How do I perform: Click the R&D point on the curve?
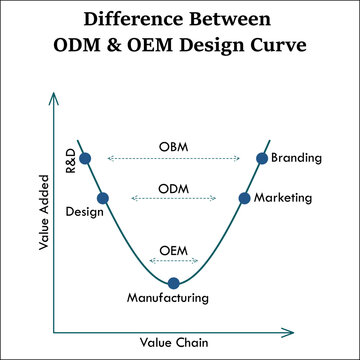tap(85, 157)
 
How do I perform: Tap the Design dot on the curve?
tap(102, 198)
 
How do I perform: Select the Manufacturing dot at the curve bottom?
tap(174, 283)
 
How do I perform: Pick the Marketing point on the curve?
tap(244, 198)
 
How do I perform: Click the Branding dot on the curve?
tap(262, 157)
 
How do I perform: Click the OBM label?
tap(173, 147)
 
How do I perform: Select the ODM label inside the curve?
tap(173, 188)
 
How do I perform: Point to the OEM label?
tap(173, 249)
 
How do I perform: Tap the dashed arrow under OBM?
tap(173, 158)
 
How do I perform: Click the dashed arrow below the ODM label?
tap(173, 199)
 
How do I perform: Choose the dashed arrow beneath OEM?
tap(173, 260)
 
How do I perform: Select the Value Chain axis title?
tap(174, 342)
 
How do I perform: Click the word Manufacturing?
tap(168, 298)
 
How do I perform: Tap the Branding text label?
tap(296, 157)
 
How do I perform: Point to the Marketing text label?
tap(283, 198)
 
